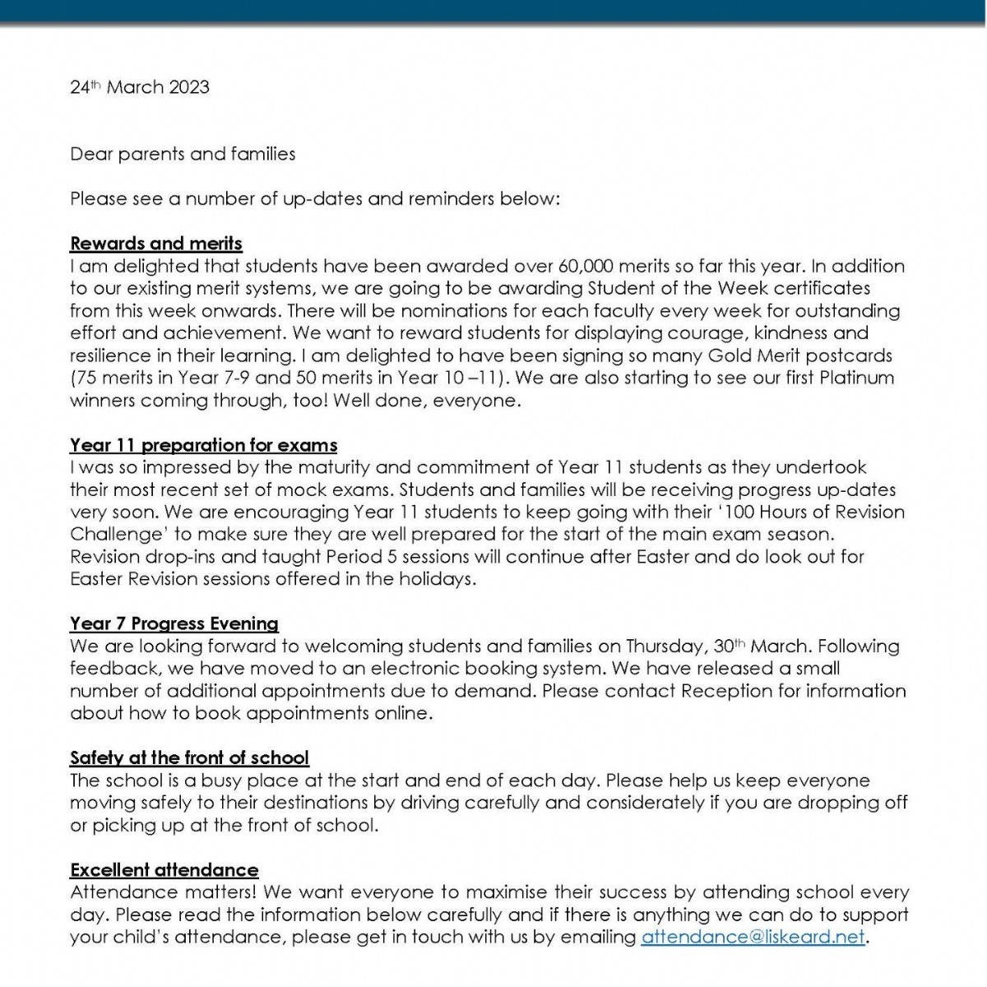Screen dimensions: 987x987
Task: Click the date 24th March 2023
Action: [x=139, y=87]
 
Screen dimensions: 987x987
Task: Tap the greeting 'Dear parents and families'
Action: [x=183, y=154]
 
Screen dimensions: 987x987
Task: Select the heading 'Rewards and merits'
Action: [x=156, y=243]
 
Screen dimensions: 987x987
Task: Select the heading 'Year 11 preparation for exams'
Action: [x=203, y=446]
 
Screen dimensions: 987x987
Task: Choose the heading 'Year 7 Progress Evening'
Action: [x=174, y=623]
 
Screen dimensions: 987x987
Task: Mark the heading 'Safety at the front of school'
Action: [x=189, y=758]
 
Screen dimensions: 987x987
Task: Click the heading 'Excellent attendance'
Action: [x=164, y=869]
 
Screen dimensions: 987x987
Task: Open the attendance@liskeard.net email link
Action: [x=753, y=937]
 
